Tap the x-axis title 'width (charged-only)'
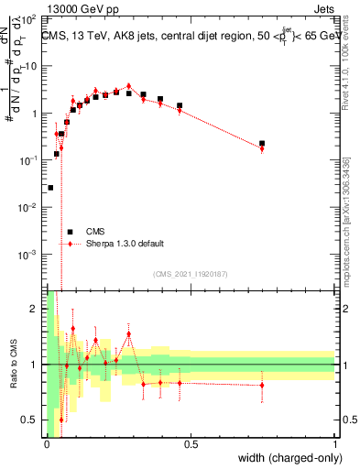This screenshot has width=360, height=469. (x=284, y=459)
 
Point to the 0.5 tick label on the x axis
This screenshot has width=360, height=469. (x=191, y=444)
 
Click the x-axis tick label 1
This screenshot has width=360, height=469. (x=335, y=444)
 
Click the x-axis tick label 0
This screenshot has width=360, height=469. (x=47, y=444)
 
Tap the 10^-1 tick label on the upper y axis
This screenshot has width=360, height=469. (x=30, y=160)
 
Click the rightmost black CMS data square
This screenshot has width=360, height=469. (x=262, y=144)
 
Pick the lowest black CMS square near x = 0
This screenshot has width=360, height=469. (x=50, y=187)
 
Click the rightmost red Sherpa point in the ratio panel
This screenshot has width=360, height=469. (x=262, y=386)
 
